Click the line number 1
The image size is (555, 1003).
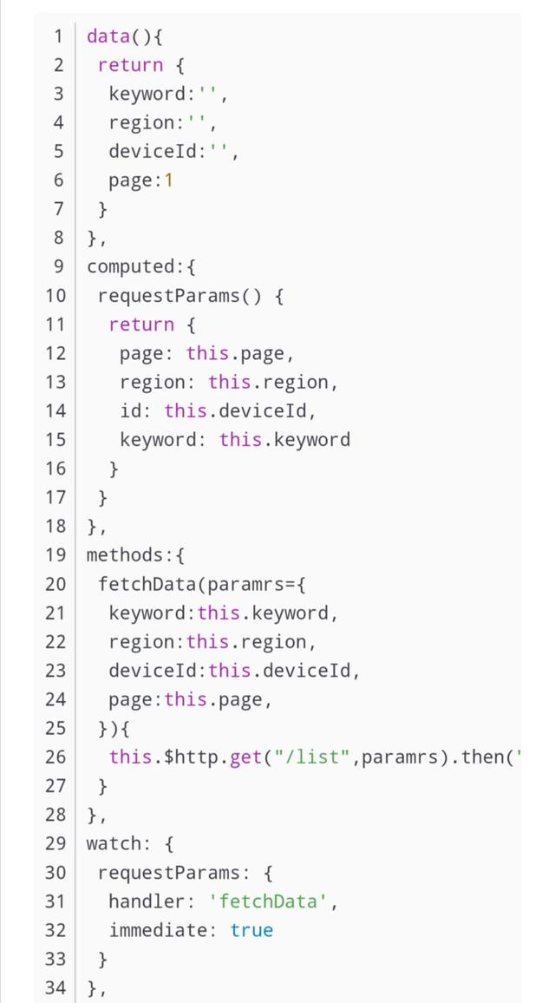(x=58, y=36)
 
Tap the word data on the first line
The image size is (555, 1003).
(x=108, y=36)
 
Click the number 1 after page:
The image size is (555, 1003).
(x=168, y=180)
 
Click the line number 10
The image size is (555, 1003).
(x=55, y=296)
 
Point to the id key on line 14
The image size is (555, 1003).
(x=130, y=410)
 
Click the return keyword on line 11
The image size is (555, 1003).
(x=141, y=324)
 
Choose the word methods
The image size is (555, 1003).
(x=124, y=554)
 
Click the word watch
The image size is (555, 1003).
(x=113, y=842)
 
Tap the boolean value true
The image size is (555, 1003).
(x=251, y=930)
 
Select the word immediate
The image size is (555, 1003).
(x=158, y=930)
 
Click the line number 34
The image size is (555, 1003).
(x=55, y=987)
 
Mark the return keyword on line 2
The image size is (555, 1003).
(x=130, y=65)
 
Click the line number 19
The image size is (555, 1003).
(x=55, y=554)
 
